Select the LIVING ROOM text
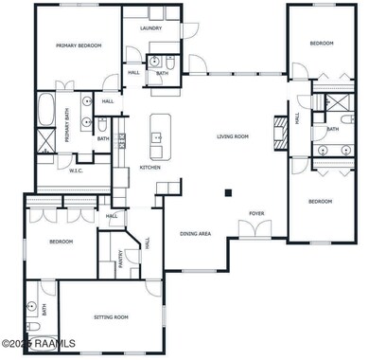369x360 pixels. pyautogui.click(x=232, y=136)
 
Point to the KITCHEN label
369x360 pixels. pyautogui.click(x=149, y=168)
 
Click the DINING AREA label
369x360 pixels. pyautogui.click(x=195, y=233)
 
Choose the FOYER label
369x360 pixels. pyautogui.click(x=256, y=214)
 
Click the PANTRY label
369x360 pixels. pyautogui.click(x=124, y=257)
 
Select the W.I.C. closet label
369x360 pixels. pyautogui.click(x=77, y=171)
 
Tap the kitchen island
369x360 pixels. pyautogui.click(x=158, y=137)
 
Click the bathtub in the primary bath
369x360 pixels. pyautogui.click(x=45, y=110)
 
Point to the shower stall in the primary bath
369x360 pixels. pyautogui.click(x=44, y=143)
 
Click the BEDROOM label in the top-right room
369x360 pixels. pyautogui.click(x=322, y=43)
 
